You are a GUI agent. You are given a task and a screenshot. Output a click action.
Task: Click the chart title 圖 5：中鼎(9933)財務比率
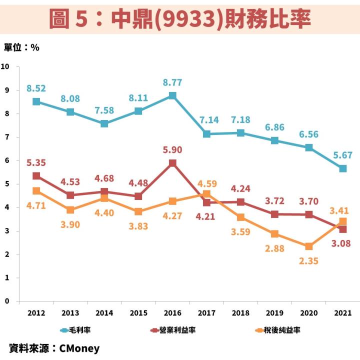(x=180, y=19)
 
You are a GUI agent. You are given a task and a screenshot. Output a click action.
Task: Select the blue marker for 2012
(x=36, y=101)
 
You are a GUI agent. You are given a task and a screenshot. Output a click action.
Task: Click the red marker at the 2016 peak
(x=172, y=163)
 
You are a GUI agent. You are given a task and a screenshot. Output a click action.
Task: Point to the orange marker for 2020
(x=309, y=246)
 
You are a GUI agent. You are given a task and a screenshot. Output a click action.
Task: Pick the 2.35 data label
(x=309, y=260)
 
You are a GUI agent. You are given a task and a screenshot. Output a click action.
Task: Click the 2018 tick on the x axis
(x=240, y=313)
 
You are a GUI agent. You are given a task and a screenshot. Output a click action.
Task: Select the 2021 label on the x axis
(x=342, y=313)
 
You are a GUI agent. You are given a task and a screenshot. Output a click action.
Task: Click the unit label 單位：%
(x=21, y=47)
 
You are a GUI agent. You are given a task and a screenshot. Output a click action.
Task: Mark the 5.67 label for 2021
(x=342, y=155)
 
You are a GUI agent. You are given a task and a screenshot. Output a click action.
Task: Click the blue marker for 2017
(x=206, y=134)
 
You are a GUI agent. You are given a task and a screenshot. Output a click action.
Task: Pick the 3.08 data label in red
(x=342, y=243)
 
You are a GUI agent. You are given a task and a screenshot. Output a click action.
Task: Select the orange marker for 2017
(x=206, y=194)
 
